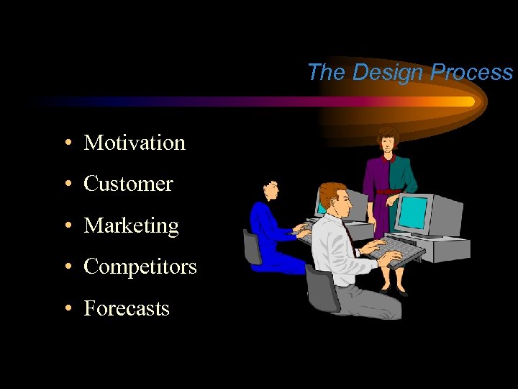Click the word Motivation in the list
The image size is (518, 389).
pos(135,143)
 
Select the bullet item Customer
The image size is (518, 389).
pos(128,184)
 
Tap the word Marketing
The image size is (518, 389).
pos(131,225)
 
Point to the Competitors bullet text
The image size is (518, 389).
pos(140,267)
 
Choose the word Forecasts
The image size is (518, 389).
pos(127,308)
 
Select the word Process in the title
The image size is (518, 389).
pos(471,72)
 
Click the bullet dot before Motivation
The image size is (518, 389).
pos(66,143)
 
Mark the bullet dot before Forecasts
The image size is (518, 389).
pos(66,309)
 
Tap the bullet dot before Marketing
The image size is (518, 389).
pos(66,226)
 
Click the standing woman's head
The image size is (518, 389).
pos(388,139)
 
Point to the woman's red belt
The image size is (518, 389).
pos(389,191)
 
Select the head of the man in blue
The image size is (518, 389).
pos(270,188)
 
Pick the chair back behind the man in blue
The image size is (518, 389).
pos(252,246)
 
